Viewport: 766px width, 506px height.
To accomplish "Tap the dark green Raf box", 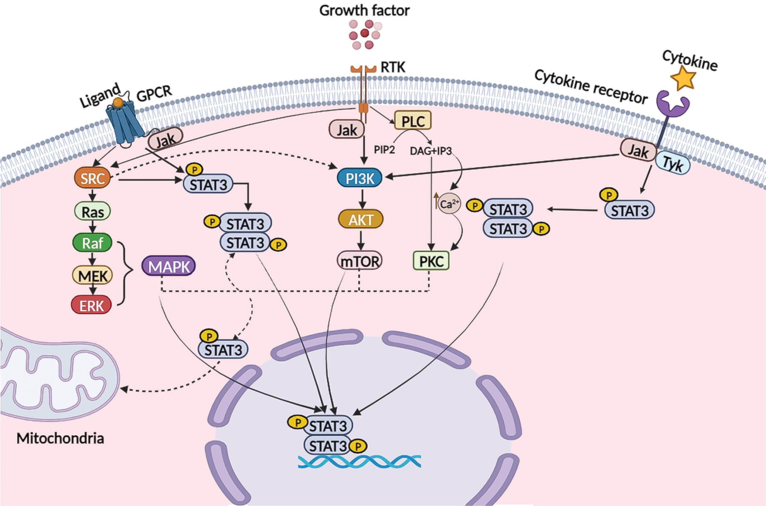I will (93, 243).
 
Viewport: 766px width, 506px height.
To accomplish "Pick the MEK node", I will (93, 276).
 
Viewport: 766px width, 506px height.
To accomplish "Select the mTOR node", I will (360, 261).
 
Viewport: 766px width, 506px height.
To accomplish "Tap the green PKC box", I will (431, 261).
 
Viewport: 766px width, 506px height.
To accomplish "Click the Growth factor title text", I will (364, 11).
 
